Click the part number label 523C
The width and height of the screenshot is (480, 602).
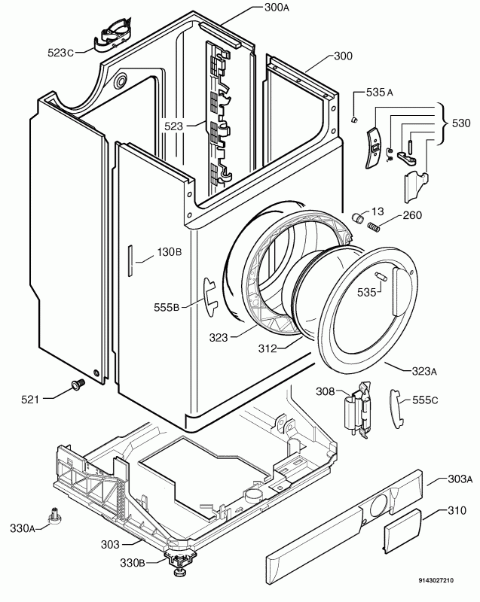pyautogui.click(x=60, y=53)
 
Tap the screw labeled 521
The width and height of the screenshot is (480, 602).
pyautogui.click(x=78, y=384)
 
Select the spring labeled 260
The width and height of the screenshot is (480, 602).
pyautogui.click(x=374, y=227)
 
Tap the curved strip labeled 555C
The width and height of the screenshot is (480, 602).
pyautogui.click(x=396, y=409)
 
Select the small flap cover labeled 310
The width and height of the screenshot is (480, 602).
pyautogui.click(x=402, y=531)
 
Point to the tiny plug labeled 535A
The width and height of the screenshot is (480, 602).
pyautogui.click(x=354, y=120)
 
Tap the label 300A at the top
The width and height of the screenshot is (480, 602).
pyautogui.click(x=277, y=8)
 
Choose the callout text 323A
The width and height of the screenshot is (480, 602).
pyautogui.click(x=425, y=371)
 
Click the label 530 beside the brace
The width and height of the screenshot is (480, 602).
pyautogui.click(x=461, y=123)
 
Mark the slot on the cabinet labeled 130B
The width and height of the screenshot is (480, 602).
pyautogui.click(x=130, y=260)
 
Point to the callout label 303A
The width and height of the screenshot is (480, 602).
pyautogui.click(x=460, y=479)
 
